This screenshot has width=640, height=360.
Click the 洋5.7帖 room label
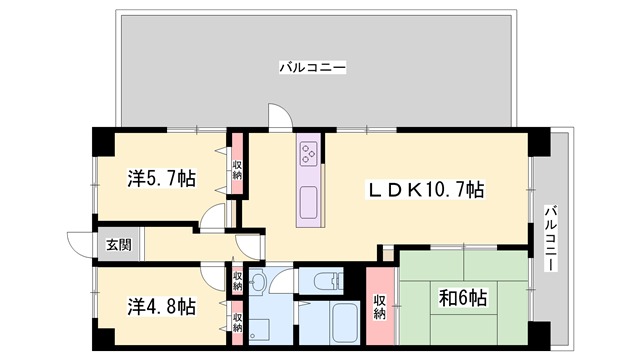160,179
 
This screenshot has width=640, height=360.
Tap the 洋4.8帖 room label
160,305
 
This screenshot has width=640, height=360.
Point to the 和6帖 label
463,298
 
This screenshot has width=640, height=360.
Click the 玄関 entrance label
107,244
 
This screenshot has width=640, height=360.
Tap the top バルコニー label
312,67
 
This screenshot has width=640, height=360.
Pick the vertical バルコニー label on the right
550,238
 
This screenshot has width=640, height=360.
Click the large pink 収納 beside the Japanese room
380,306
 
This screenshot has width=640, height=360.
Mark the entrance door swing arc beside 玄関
80,244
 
